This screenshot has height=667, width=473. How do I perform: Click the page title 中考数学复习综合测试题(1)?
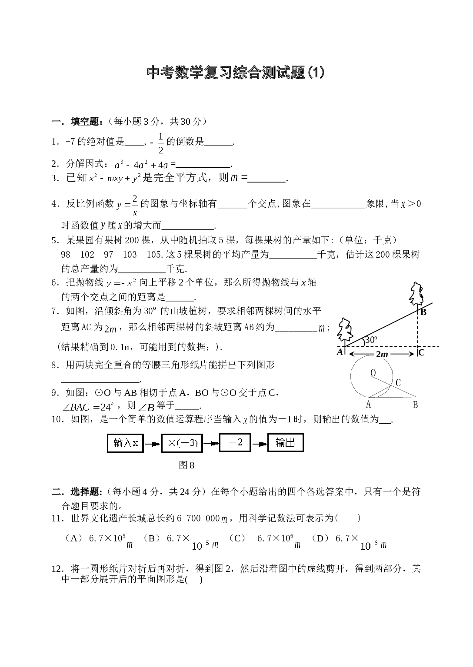click(x=236, y=73)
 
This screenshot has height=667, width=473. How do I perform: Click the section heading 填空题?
click(x=85, y=122)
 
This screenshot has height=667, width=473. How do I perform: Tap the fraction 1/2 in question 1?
click(x=161, y=143)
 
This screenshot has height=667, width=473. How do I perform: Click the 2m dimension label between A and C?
click(x=382, y=354)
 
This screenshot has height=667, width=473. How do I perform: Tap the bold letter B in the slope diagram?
click(x=423, y=312)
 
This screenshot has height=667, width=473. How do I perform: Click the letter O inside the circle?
click(x=373, y=373)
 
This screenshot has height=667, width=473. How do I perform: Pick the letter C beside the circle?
click(x=398, y=383)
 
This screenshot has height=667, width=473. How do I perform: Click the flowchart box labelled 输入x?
click(x=125, y=443)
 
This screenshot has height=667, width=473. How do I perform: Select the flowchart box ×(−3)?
click(x=182, y=443)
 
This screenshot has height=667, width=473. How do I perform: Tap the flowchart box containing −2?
click(x=235, y=442)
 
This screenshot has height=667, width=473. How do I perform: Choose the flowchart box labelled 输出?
click(x=285, y=442)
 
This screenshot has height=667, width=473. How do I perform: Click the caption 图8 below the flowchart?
click(x=187, y=465)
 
